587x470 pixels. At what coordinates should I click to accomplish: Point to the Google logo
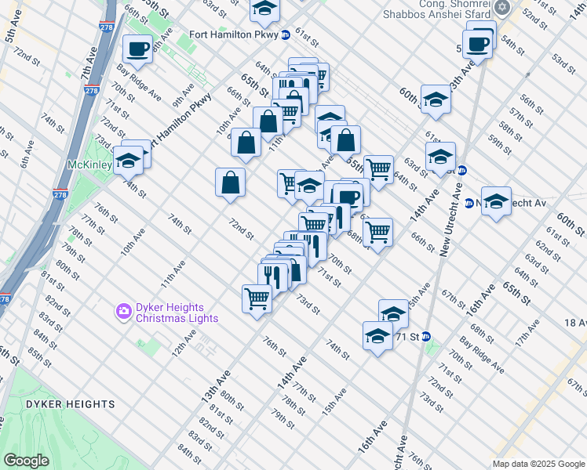point(26,461)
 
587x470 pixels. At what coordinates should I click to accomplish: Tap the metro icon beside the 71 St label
point(426,337)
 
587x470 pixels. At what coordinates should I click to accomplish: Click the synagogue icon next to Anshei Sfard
point(502,8)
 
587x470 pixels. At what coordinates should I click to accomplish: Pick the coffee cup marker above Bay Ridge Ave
point(138,49)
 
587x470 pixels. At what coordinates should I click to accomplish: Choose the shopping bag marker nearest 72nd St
point(231,183)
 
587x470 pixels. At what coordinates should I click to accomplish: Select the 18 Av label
point(575,322)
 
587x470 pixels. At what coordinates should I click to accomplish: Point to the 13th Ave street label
point(213,388)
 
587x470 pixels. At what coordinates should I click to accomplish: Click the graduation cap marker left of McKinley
point(126,162)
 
